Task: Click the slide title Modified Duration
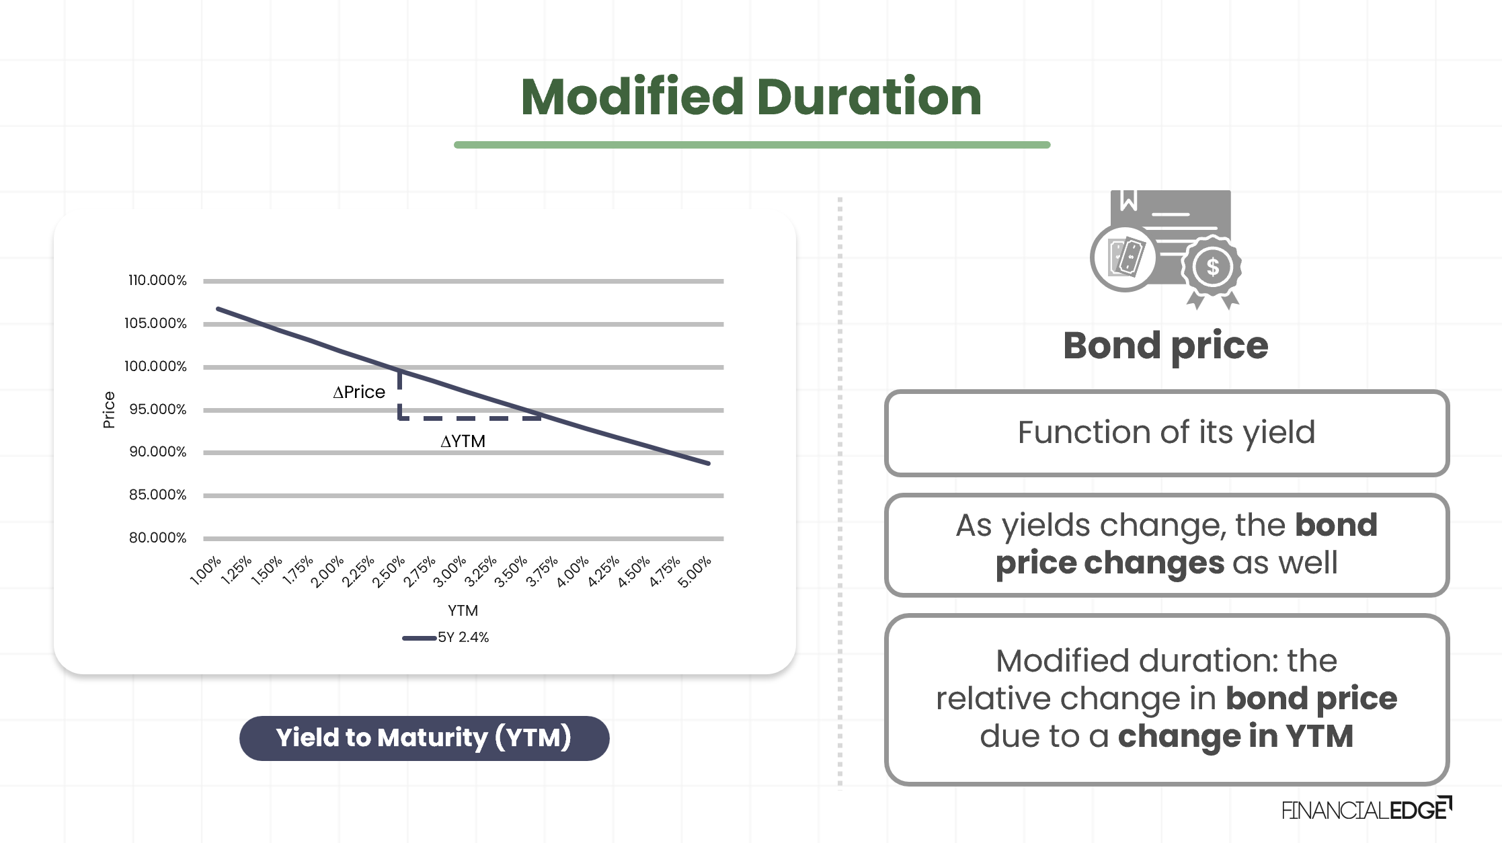[x=751, y=97]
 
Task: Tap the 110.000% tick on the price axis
[x=157, y=280]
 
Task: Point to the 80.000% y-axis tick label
[x=157, y=538]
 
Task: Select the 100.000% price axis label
[x=155, y=366]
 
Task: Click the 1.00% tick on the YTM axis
[x=206, y=571]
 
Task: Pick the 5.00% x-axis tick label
[x=695, y=572]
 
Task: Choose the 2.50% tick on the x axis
[x=389, y=572]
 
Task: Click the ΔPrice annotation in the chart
[x=359, y=392]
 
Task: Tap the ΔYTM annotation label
[x=463, y=442]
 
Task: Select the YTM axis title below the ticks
[x=463, y=610]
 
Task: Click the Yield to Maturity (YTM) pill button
[x=424, y=738]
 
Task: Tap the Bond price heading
[x=1165, y=346]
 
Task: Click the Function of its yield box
[x=1166, y=433]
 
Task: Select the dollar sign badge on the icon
[x=1212, y=267]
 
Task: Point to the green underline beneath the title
[x=752, y=145]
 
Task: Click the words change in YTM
[x=1235, y=736]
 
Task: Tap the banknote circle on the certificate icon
[x=1125, y=257]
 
